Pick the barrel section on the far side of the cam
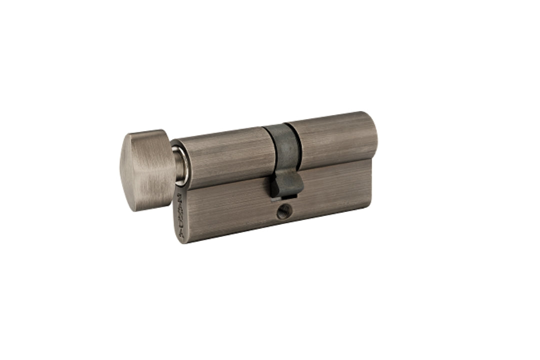[335, 140]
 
